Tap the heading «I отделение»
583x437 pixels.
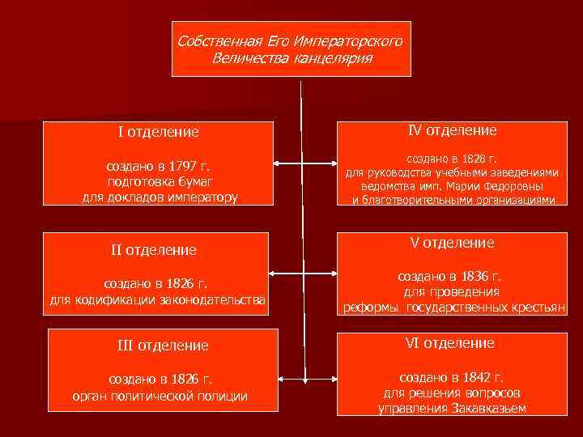click(x=159, y=131)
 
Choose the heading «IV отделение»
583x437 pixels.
click(x=452, y=129)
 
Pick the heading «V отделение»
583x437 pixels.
click(x=452, y=243)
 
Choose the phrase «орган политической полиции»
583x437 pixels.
click(x=160, y=395)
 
